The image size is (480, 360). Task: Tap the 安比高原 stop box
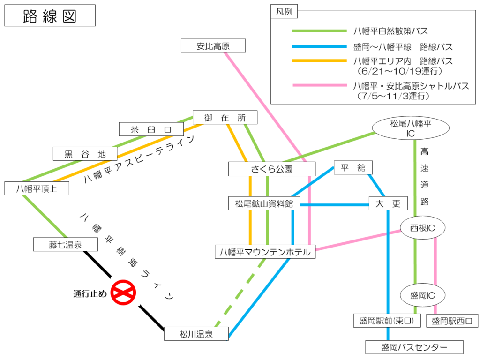coord(213,46)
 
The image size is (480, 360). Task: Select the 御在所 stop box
coord(225,118)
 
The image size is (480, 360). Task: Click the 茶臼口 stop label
coord(151,129)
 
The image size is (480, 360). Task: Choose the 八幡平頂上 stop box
coord(37,188)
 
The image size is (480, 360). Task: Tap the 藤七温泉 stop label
coord(66,244)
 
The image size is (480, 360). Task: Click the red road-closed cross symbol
coord(123,292)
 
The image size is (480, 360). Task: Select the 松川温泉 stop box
coord(196,334)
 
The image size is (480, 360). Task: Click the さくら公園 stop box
coord(272,169)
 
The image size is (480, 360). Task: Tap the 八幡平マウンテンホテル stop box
coord(265,252)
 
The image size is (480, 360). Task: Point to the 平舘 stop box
coord(353,168)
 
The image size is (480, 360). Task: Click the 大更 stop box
coord(388,203)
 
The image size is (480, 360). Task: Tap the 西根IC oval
coord(422,228)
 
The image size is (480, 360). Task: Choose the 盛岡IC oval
coord(422,295)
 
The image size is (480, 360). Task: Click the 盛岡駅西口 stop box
coord(452,321)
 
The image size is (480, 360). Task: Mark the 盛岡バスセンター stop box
coord(414,347)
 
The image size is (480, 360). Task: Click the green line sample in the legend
coord(319,31)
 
